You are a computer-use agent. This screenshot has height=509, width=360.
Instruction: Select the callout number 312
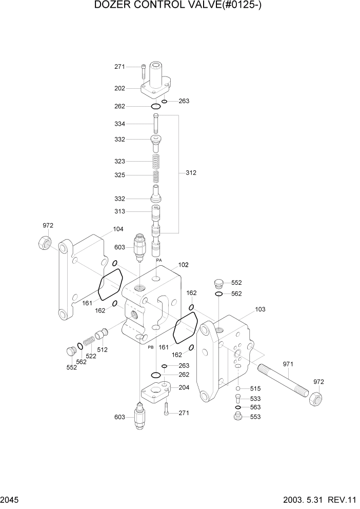(190, 173)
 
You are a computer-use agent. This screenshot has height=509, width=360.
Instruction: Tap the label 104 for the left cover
(118, 229)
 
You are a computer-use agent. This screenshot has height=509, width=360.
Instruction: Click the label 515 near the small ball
(255, 388)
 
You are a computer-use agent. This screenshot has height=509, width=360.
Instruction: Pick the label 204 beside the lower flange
(184, 387)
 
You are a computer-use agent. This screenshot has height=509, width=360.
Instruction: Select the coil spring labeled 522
(89, 340)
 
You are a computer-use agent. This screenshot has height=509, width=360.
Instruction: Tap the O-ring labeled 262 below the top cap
(155, 106)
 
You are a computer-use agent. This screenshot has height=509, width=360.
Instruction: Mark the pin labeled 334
(156, 124)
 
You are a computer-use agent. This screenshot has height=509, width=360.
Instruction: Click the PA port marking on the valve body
(158, 260)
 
